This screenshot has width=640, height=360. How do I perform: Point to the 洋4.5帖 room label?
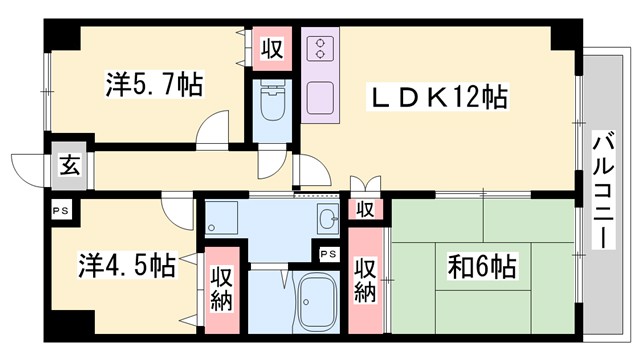pyautogui.click(x=127, y=266)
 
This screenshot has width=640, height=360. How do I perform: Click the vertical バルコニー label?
pyautogui.click(x=603, y=190)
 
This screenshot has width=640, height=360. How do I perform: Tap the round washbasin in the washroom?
pyautogui.click(x=327, y=220)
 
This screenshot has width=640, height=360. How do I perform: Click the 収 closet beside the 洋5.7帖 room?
pyautogui.click(x=271, y=48)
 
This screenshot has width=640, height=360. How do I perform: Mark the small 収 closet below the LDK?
pyautogui.click(x=366, y=209)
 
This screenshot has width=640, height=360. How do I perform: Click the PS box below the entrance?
pyautogui.click(x=61, y=211)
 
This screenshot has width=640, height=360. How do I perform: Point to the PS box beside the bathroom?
pyautogui.click(x=328, y=253)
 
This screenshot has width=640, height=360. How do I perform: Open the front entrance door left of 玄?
pyautogui.click(x=28, y=165)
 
